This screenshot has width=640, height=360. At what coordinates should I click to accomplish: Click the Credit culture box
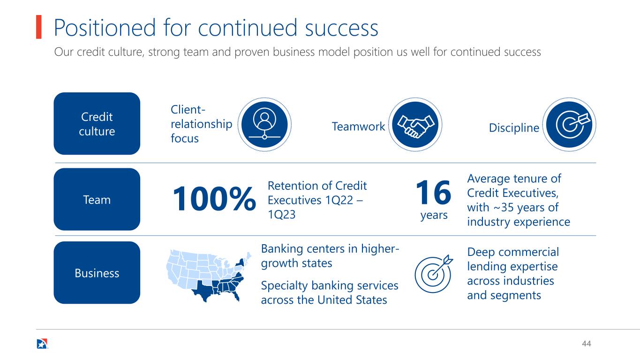tap(97, 123)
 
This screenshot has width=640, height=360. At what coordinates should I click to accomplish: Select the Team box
tap(97, 199)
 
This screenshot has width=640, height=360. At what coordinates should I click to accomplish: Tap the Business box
tap(97, 272)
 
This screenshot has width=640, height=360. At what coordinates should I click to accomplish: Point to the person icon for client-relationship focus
tap(264, 125)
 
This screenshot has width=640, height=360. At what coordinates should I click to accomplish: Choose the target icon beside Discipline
tap(569, 125)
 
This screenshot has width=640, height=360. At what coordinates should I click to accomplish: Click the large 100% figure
tap(214, 199)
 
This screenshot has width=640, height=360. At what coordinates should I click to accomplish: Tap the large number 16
tap(433, 192)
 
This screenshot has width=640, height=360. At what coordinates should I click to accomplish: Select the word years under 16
tap(434, 215)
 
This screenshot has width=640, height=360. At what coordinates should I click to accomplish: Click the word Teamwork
tap(358, 126)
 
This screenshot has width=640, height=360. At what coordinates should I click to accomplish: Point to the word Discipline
tap(514, 127)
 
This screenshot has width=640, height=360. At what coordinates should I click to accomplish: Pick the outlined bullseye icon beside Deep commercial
tap(433, 274)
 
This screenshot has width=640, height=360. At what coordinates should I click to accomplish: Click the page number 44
tap(586, 344)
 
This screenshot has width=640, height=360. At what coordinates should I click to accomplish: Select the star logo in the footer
tap(42, 344)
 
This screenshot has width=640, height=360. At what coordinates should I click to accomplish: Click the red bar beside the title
tap(39, 27)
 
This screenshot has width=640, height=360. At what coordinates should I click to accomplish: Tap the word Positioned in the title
tap(105, 28)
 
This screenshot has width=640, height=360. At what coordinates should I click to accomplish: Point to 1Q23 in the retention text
tap(281, 215)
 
